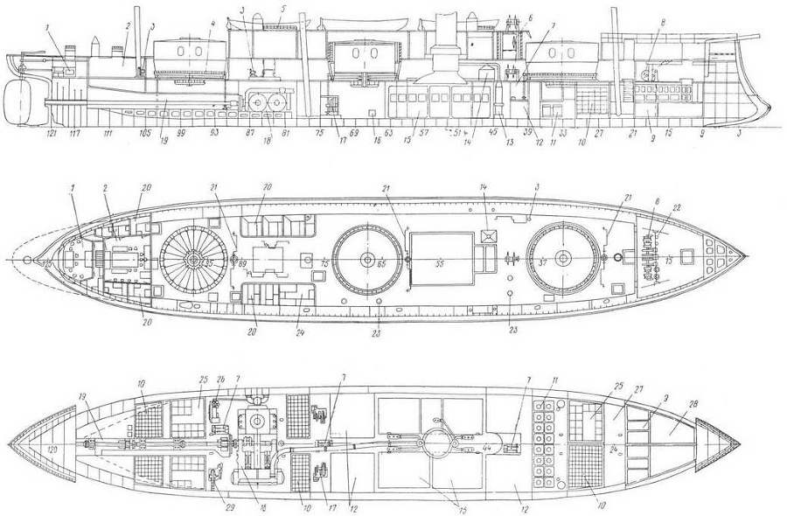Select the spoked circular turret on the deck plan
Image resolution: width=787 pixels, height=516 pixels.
194,261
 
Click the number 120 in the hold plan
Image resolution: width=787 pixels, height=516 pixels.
52,449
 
